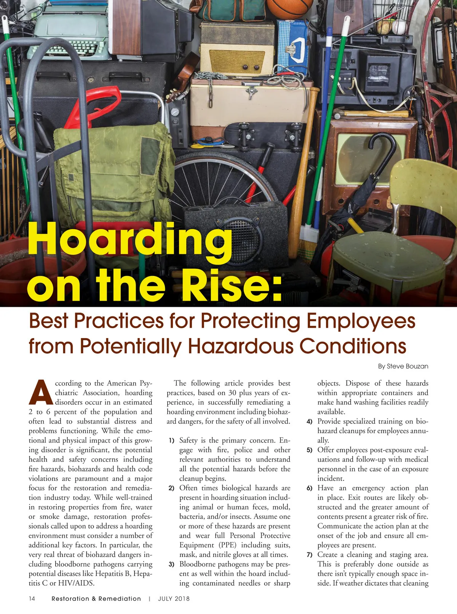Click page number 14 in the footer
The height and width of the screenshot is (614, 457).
[32, 599]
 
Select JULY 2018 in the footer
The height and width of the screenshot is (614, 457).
[174, 599]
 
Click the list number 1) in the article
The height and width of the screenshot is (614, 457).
[172, 441]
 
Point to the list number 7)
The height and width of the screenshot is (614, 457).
[310, 555]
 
